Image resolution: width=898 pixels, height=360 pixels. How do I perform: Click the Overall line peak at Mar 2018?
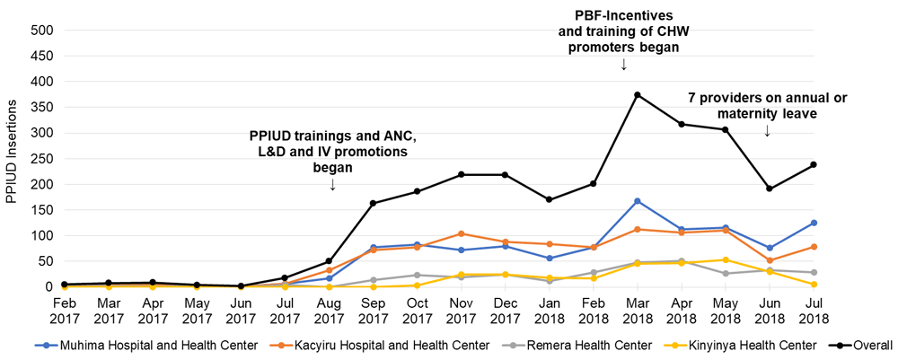tap(637, 95)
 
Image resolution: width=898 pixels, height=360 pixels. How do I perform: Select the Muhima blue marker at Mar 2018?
tap(637, 201)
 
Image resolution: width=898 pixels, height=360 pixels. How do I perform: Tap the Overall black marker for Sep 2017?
tap(373, 203)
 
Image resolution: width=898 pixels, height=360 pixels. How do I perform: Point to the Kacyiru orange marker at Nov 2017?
tap(461, 233)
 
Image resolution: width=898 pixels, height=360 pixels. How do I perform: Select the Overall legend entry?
tap(867, 345)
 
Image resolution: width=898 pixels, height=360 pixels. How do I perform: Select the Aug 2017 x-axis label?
tap(329, 311)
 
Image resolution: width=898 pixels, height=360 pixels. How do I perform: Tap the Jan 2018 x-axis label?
tap(549, 311)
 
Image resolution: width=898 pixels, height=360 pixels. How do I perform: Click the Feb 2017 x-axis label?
tap(65, 311)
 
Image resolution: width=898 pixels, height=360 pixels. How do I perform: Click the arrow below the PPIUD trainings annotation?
tap(333, 185)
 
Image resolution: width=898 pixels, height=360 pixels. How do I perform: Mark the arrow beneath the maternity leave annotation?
tap(768, 131)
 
